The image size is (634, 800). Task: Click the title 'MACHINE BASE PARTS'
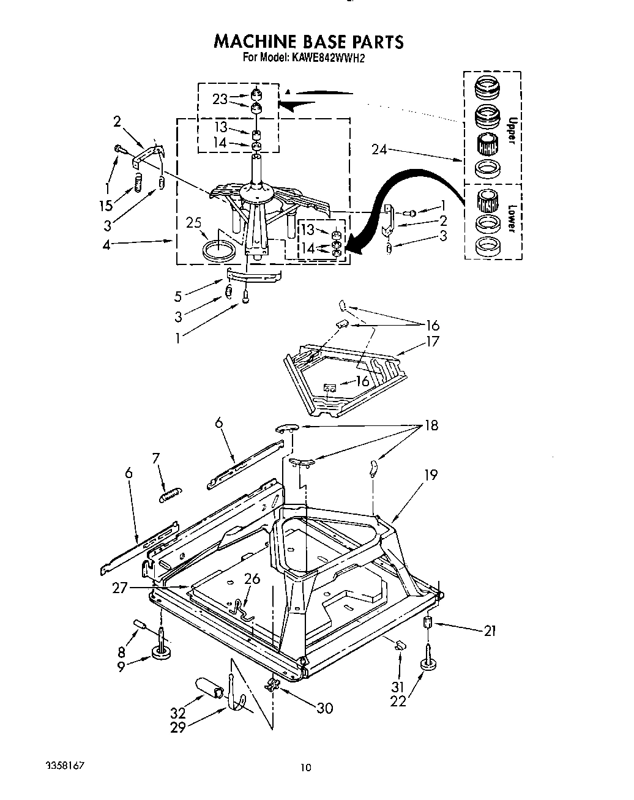click(308, 42)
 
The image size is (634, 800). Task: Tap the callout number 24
click(379, 149)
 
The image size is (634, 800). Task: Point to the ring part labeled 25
click(220, 250)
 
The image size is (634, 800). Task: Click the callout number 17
click(433, 341)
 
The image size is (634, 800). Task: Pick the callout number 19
click(431, 474)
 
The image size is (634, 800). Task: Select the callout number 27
click(121, 588)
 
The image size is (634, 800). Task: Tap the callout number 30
click(324, 708)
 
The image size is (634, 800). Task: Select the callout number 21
click(489, 630)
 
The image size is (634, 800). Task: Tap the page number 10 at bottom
click(307, 768)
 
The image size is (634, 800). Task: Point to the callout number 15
click(106, 205)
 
